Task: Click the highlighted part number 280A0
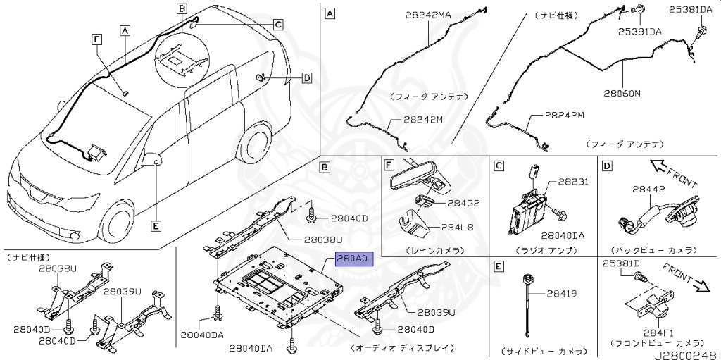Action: pos(352,259)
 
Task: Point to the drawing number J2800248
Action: pos(685,354)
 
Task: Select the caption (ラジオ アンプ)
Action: pos(546,250)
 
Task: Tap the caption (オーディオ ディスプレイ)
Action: pos(401,348)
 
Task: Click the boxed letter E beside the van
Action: pos(156,226)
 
